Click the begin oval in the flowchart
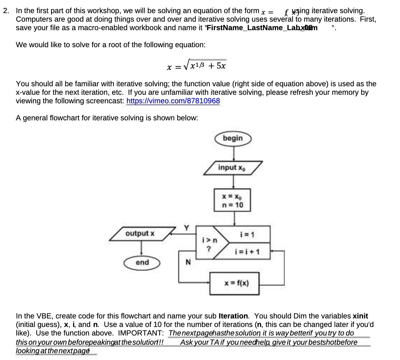click(x=233, y=138)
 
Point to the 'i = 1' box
click(x=245, y=234)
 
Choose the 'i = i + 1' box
click(x=247, y=252)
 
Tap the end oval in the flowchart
click(x=142, y=262)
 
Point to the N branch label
click(x=188, y=263)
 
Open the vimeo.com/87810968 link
click(x=173, y=101)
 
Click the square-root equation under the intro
click(x=196, y=66)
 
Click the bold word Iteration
click(x=234, y=316)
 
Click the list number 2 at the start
click(x=6, y=11)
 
